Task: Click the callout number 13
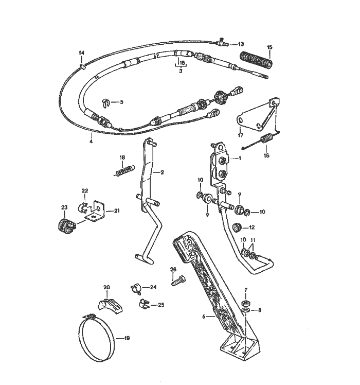[x=241, y=44]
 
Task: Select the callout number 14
[x=81, y=53]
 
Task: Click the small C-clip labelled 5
[x=105, y=102]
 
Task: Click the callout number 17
[x=241, y=135]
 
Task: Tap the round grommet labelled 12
[x=237, y=227]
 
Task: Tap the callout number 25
[x=161, y=305]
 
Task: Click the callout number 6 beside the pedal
[x=204, y=317]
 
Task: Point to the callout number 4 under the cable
[x=91, y=142]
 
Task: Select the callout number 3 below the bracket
[x=181, y=71]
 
